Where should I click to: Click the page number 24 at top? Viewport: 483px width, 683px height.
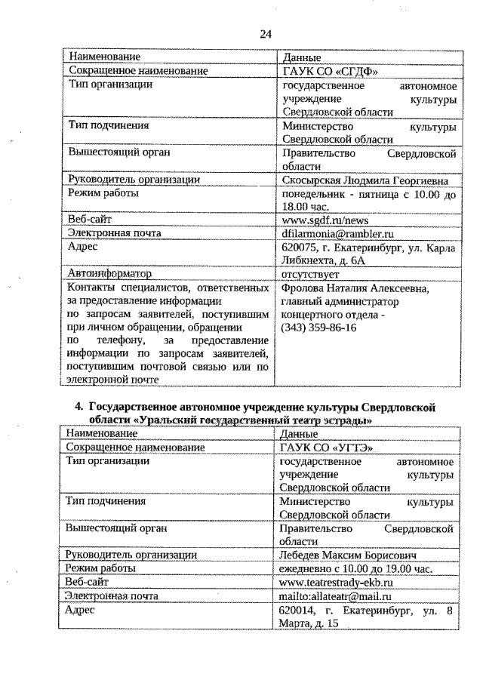(x=265, y=33)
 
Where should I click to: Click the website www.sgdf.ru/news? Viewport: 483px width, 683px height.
(x=325, y=220)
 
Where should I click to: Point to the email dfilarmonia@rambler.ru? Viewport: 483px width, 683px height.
(x=337, y=233)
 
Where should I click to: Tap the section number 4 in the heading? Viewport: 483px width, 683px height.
(x=78, y=408)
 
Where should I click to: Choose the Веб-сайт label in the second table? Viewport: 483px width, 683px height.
(x=88, y=583)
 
